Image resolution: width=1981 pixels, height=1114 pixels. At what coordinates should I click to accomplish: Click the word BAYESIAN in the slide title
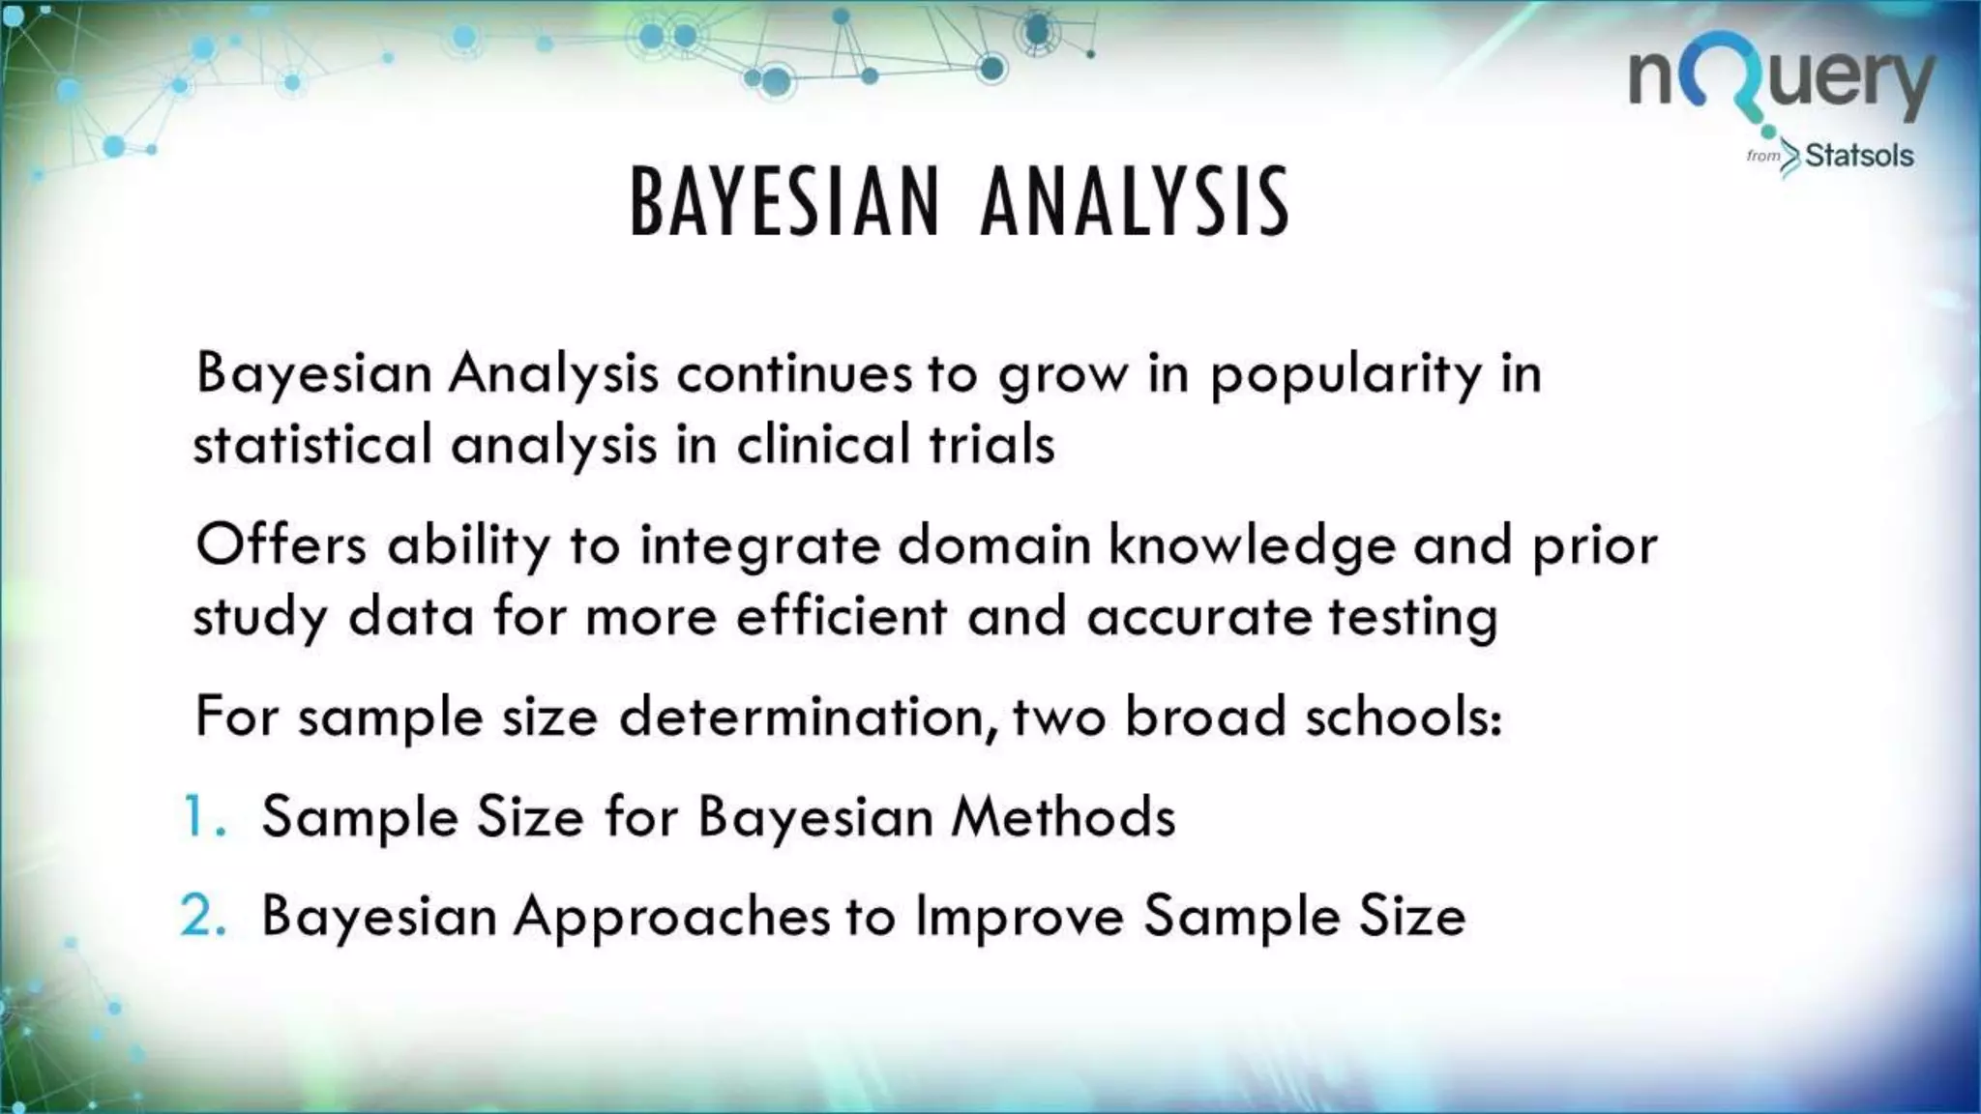coord(784,202)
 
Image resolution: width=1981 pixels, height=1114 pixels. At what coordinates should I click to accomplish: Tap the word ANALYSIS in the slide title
coord(1135,202)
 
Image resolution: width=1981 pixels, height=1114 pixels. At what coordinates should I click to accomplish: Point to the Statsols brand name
coord(1858,156)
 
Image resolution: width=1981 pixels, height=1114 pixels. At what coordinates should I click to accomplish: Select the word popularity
coord(1345,376)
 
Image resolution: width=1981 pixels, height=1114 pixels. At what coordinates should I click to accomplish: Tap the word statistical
coord(311,445)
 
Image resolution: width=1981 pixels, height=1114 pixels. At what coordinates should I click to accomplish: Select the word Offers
coord(281,545)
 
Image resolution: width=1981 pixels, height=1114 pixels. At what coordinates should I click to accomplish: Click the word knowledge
coord(1252,547)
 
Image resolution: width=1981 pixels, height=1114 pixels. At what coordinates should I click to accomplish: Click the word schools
coord(1403,718)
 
